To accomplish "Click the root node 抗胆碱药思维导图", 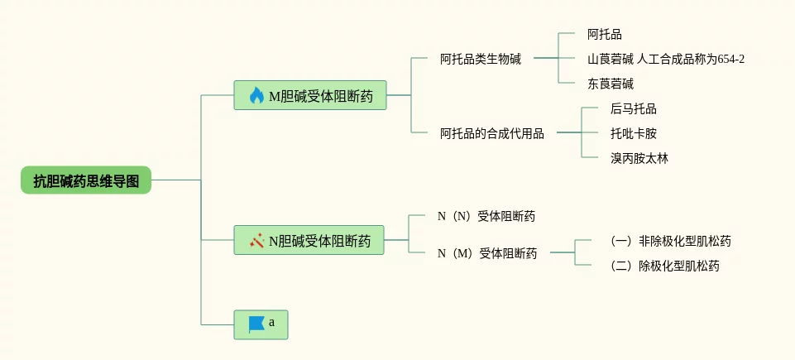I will [x=86, y=180].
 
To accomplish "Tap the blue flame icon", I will [x=256, y=96].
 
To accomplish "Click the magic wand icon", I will [x=256, y=241].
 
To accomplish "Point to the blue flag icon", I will [x=256, y=324].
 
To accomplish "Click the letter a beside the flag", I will [x=272, y=323].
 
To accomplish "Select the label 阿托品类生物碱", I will [x=480, y=59].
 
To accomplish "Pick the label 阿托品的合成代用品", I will [x=491, y=133].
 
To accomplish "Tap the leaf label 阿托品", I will [x=604, y=35].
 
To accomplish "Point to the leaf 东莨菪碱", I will [x=611, y=84].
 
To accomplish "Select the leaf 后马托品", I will [x=633, y=108].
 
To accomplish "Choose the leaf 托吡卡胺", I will [x=633, y=133].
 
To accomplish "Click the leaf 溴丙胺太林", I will [x=639, y=158].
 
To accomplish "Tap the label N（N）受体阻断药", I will [x=486, y=217].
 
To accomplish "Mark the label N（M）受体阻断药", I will [x=487, y=253].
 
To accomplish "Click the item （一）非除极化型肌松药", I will [x=670, y=242].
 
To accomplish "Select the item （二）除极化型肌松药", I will [x=664, y=266].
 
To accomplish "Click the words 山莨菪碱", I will [x=611, y=59].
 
